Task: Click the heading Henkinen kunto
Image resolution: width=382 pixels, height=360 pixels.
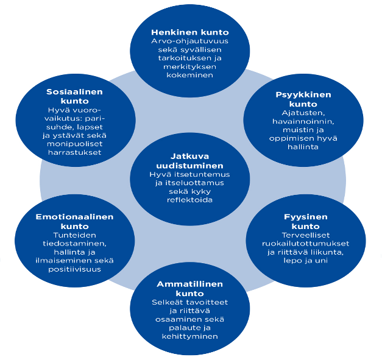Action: point(190,32)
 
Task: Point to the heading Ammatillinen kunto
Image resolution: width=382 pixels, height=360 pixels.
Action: point(189,289)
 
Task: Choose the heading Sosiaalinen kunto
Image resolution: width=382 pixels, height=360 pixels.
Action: point(74,96)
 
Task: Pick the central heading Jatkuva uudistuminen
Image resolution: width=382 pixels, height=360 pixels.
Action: point(188,161)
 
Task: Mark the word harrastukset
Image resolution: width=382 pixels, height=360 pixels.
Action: point(74,152)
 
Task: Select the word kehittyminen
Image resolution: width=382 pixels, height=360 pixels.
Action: point(189,337)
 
